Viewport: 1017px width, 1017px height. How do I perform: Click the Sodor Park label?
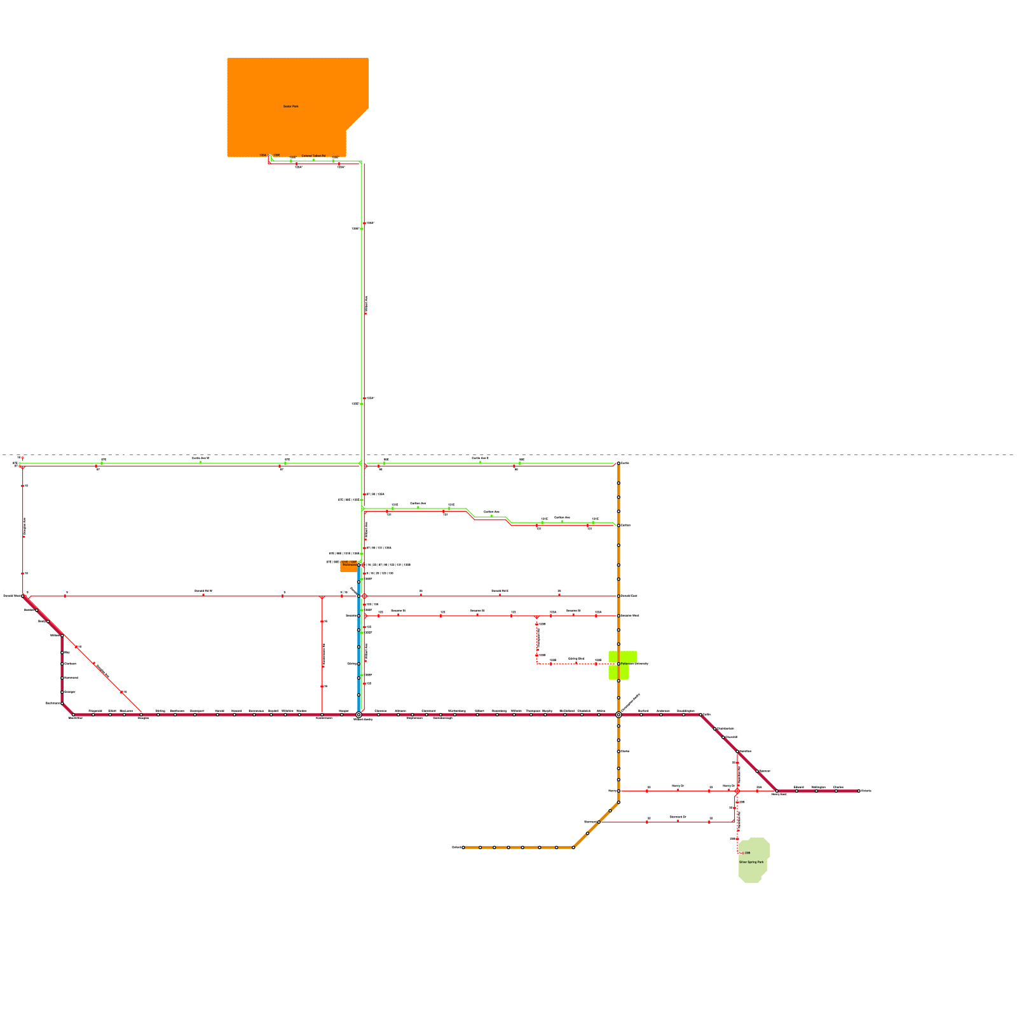coord(290,107)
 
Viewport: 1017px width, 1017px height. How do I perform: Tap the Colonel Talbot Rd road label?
coord(313,156)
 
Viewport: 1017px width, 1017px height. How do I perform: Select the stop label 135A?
coord(263,155)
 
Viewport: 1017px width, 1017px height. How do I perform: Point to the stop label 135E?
coord(276,155)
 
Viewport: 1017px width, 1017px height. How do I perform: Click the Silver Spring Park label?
coord(751,862)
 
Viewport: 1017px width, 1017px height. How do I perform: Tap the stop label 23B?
coord(747,853)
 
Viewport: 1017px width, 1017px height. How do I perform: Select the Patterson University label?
coord(634,664)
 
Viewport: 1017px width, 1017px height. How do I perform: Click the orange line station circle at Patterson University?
coord(618,664)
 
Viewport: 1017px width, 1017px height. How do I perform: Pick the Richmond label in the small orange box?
coord(350,564)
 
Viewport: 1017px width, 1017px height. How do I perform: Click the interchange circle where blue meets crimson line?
coord(358,714)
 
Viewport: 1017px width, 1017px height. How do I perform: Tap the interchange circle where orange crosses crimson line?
coord(618,714)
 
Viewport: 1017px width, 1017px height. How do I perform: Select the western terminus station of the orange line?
coord(463,847)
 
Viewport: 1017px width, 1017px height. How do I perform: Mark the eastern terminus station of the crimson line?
coord(859,791)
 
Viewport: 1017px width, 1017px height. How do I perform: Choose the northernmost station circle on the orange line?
coord(618,463)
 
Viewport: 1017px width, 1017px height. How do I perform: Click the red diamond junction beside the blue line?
coord(364,596)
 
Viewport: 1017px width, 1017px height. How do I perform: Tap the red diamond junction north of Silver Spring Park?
coord(737,791)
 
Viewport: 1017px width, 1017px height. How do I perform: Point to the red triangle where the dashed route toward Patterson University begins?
coord(537,617)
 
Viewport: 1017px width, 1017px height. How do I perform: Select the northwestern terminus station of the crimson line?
coord(23,596)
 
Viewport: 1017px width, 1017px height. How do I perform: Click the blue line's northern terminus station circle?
coord(358,565)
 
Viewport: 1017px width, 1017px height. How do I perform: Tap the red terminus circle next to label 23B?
coord(741,853)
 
